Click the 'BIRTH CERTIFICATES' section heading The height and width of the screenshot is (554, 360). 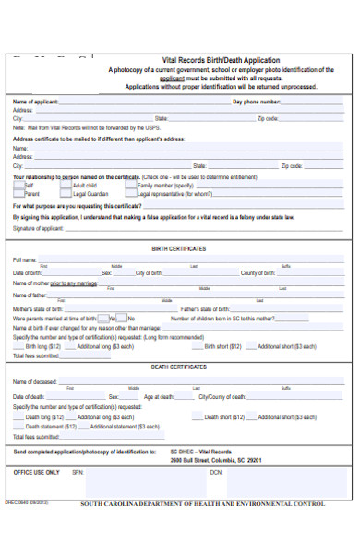179,248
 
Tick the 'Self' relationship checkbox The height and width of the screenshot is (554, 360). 18,186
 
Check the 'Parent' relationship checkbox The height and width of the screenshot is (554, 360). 18,194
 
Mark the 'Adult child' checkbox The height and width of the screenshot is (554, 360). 65,186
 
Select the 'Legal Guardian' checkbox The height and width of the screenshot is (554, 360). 65,194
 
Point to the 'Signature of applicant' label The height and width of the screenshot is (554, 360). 38,227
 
